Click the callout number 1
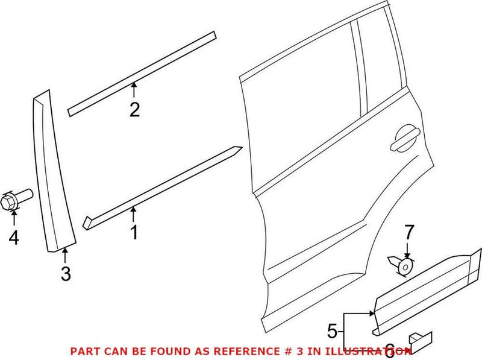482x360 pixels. pyautogui.click(x=134, y=232)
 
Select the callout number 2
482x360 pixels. pyautogui.click(x=134, y=109)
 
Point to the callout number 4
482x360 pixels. pyautogui.click(x=13, y=238)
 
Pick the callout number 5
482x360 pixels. pyautogui.click(x=331, y=330)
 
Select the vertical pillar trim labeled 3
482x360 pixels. pyautogui.click(x=52, y=175)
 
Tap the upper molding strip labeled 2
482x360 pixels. pyautogui.click(x=142, y=72)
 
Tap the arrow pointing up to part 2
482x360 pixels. pyautogui.click(x=134, y=90)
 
